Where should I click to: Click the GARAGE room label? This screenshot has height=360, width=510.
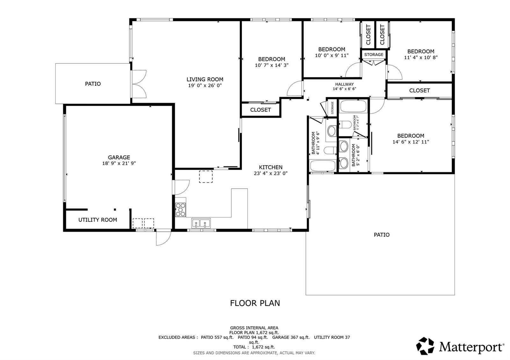point(119,157)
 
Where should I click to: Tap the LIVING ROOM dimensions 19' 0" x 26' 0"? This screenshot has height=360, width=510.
point(205,85)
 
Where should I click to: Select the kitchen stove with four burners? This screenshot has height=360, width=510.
point(180,210)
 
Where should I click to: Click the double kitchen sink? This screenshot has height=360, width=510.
point(201,223)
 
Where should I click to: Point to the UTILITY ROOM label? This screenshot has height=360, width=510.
point(98,220)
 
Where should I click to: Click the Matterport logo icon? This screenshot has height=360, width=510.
point(425,346)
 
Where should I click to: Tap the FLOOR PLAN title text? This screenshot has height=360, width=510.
point(255,303)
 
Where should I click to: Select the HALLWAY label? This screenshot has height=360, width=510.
point(344,84)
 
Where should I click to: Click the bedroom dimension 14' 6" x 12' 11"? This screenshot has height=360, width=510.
point(411,142)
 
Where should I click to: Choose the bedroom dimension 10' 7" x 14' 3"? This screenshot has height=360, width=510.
point(272,65)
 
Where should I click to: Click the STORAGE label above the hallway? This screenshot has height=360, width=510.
point(374,54)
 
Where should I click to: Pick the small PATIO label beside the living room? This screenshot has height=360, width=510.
point(93,84)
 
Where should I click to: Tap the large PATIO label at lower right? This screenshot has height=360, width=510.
point(382,235)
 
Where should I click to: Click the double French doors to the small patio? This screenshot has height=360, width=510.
point(139,84)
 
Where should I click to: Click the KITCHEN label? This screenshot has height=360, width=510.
point(270,167)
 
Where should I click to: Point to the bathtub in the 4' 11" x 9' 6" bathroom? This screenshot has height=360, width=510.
point(323,166)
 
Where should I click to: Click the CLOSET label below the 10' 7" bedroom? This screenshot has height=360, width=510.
point(260,110)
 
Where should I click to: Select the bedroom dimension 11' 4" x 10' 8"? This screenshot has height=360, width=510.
point(421,58)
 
